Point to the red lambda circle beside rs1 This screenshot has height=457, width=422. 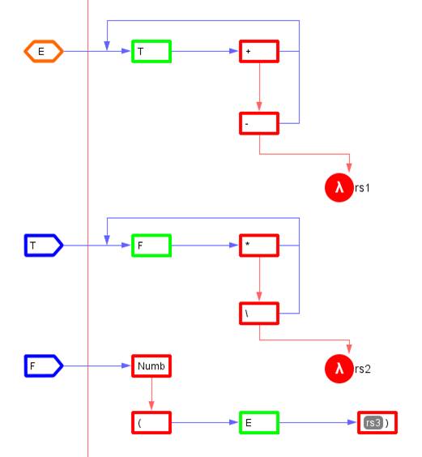[x=339, y=187]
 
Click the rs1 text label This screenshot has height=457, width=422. [x=362, y=188]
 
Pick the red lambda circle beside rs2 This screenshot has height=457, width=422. [x=339, y=369]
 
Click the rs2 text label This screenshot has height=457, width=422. [x=363, y=369]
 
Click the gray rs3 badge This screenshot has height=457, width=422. [x=373, y=423]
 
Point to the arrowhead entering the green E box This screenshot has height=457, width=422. [x=234, y=423]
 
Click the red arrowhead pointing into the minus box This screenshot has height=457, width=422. [x=259, y=106]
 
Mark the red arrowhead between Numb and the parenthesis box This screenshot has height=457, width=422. [x=151, y=406]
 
